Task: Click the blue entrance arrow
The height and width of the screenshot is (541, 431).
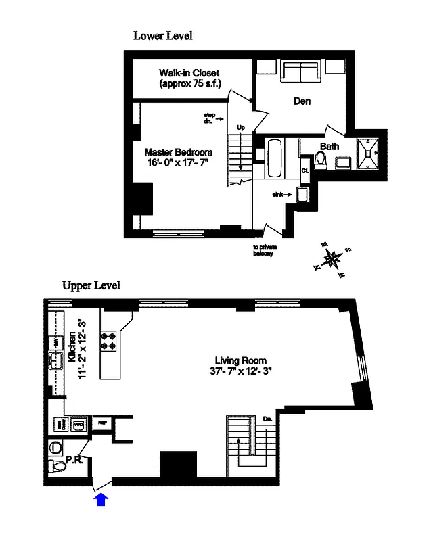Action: [x=100, y=499]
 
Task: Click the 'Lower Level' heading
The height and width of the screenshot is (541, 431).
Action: [x=162, y=36]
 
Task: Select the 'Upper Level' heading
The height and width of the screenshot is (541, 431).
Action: [x=91, y=285]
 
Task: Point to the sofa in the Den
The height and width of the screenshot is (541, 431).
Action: [x=300, y=72]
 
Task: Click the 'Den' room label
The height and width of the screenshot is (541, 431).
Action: [x=302, y=101]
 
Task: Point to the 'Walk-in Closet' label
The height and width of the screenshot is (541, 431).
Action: [x=189, y=78]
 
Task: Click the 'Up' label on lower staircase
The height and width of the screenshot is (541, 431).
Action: [x=240, y=127]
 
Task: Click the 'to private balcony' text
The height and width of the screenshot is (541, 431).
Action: [x=266, y=250]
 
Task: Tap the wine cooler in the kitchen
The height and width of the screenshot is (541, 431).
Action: [x=59, y=425]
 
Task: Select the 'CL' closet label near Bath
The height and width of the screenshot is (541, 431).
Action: [x=305, y=170]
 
